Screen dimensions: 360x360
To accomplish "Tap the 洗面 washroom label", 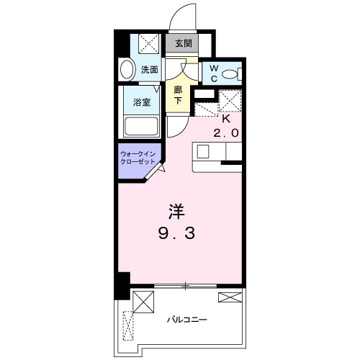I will (150, 70).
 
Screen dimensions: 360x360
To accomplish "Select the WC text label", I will (213, 73).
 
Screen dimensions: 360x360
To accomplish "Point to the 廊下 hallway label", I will (179, 96).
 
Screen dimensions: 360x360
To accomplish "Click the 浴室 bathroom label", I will (141, 102).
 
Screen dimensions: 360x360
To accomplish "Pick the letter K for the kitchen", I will (225, 119).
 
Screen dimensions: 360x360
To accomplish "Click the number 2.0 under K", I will (225, 133).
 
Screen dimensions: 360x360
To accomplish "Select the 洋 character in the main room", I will (177, 212).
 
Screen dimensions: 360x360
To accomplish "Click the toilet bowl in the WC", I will (230, 73).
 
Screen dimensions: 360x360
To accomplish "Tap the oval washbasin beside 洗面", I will (127, 71).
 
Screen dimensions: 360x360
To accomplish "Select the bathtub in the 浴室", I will (141, 126).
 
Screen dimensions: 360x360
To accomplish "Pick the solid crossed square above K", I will (228, 99).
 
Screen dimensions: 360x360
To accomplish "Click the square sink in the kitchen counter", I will (202, 152).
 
